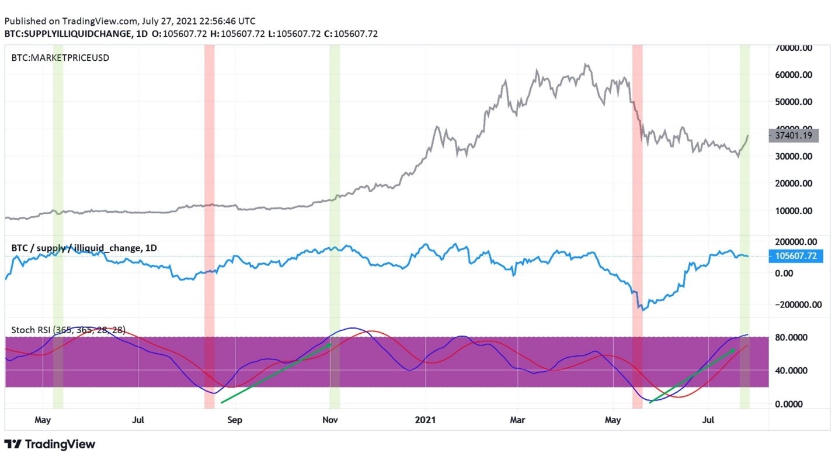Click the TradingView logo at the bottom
50,444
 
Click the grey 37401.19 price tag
794,136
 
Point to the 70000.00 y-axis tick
794,48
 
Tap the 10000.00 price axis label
794,210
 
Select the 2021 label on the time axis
426,419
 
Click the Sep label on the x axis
234,419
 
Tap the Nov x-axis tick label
330,419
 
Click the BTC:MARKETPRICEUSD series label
60,58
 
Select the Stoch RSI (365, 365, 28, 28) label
68,330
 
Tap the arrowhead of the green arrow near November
330,344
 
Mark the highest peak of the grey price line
585,64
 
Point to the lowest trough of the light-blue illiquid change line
643,310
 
